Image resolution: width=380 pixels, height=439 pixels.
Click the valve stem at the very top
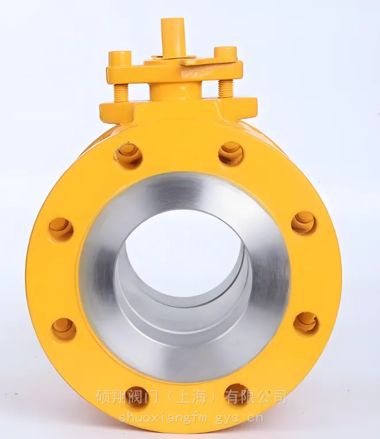(172, 36)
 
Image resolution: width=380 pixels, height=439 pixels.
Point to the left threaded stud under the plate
(121, 90)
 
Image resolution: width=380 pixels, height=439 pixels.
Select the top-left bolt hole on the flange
(129, 155)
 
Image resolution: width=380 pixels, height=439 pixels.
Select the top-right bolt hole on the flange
(231, 154)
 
